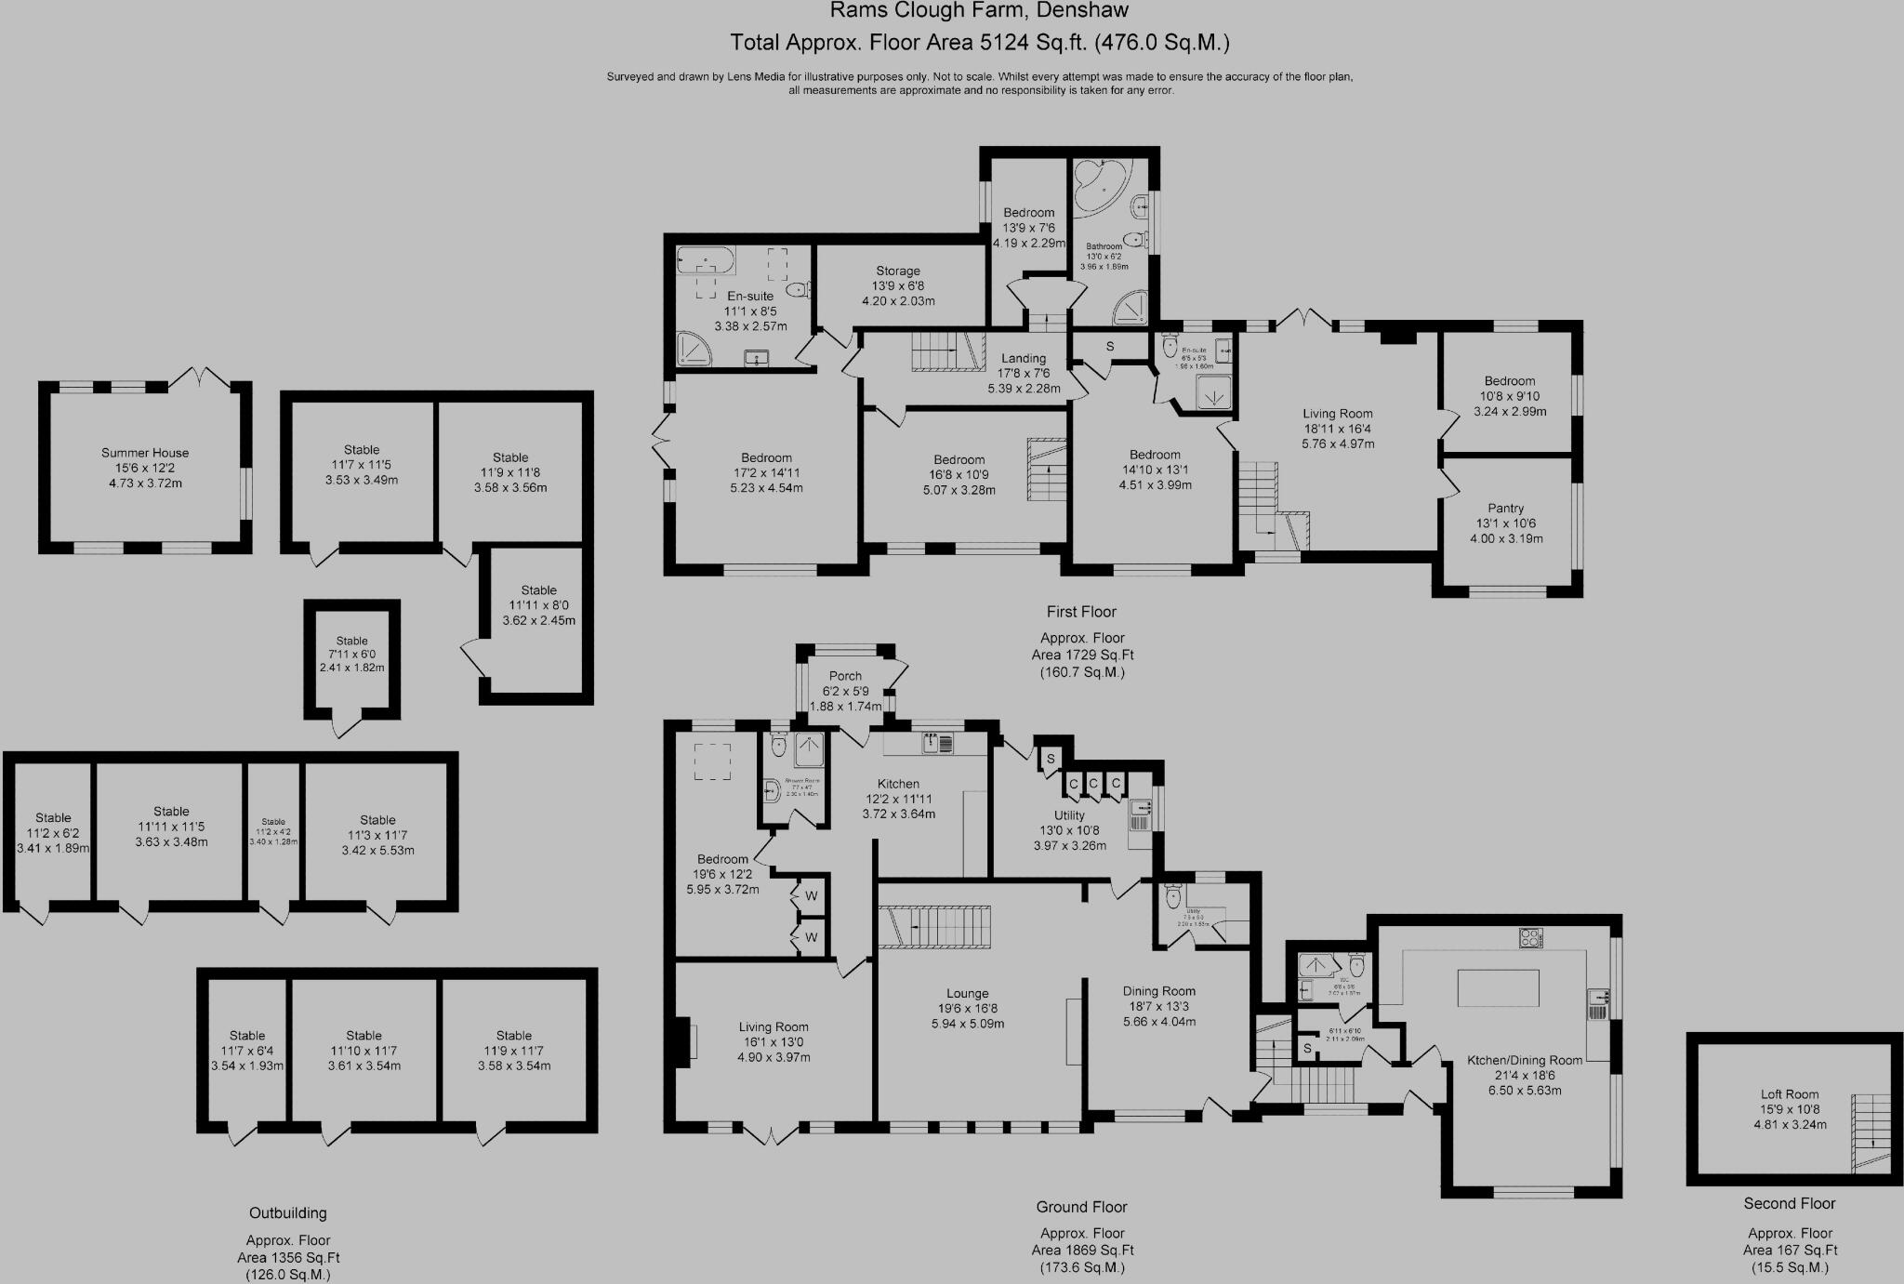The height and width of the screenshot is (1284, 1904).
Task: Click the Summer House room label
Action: coord(145,468)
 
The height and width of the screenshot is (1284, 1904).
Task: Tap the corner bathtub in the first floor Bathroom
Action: coord(1100,185)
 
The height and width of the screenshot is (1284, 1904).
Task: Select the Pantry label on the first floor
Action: coord(1505,523)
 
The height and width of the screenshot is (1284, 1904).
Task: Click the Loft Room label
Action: coord(1789,1109)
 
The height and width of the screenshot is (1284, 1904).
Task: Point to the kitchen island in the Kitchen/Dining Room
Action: coord(1498,987)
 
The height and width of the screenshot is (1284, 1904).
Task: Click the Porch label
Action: coord(845,691)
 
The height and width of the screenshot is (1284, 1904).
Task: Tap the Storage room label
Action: coord(897,285)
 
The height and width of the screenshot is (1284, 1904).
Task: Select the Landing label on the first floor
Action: coord(1024,373)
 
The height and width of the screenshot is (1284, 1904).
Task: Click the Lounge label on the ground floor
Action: coord(967,1008)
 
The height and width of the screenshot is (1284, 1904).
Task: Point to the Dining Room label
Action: coord(1158,1005)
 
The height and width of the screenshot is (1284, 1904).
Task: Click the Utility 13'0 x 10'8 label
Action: coord(1069,830)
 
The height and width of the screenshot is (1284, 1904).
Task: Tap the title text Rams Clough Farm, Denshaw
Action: coord(979,11)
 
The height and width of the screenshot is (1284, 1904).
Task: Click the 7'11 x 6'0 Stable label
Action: coord(351,654)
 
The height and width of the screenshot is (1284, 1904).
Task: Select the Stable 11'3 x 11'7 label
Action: coord(377,835)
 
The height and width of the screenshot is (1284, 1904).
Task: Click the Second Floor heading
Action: coord(1789,1203)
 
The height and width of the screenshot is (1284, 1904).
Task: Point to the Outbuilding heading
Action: coord(287,1212)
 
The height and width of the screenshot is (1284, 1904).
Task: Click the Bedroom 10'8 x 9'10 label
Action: coord(1509,395)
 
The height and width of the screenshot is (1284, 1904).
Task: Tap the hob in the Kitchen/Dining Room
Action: coord(1530,938)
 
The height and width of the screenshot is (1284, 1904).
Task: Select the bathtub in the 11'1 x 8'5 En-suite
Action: coord(706,259)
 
